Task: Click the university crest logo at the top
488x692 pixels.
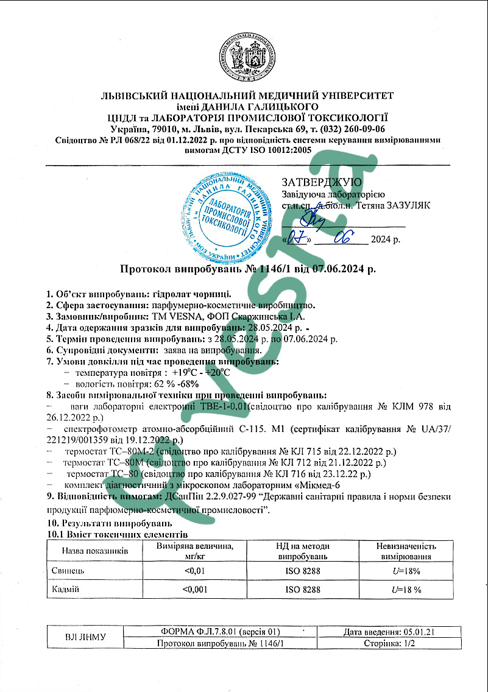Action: pyautogui.click(x=245, y=56)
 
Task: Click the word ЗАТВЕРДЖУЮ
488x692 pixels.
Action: pyautogui.click(x=322, y=182)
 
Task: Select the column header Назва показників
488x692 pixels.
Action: pyautogui.click(x=94, y=551)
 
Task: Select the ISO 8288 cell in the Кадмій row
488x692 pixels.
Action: pyautogui.click(x=303, y=589)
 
